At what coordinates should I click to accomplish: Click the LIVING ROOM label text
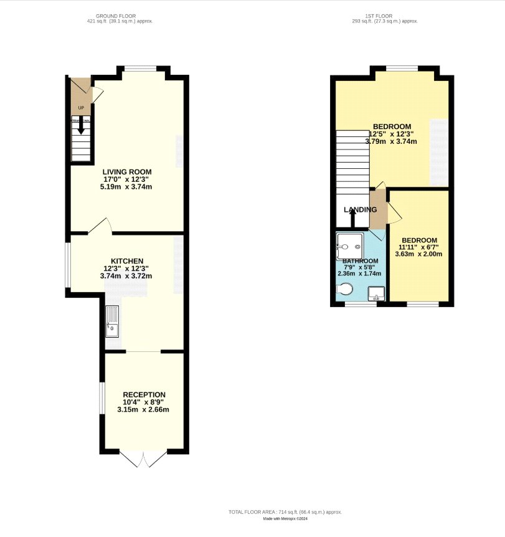tap(127, 171)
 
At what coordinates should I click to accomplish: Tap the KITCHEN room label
tap(127, 260)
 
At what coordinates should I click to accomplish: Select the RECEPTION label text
tap(144, 394)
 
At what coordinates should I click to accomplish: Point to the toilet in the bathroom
tap(343, 289)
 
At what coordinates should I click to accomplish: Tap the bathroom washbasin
tap(377, 293)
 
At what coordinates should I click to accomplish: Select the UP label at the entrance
tap(81, 108)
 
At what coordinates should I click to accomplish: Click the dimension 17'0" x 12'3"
tap(127, 179)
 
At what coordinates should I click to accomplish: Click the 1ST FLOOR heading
tap(384, 16)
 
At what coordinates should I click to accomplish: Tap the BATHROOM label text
tap(360, 261)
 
